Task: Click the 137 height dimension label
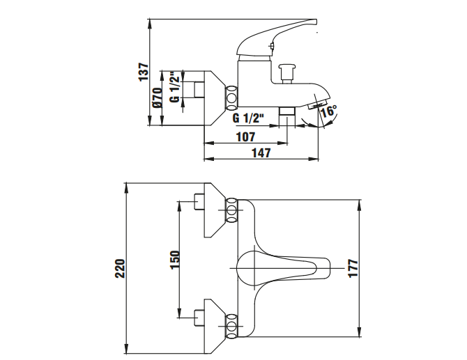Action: (144, 72)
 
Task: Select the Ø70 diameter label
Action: (158, 97)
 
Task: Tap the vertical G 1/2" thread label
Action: (175, 87)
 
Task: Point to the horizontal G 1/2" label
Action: (248, 118)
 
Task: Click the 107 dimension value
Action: (246, 137)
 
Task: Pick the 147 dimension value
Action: (261, 153)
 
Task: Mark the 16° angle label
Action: (330, 111)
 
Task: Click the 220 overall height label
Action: (120, 269)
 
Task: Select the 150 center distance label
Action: (175, 260)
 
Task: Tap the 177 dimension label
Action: (353, 268)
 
